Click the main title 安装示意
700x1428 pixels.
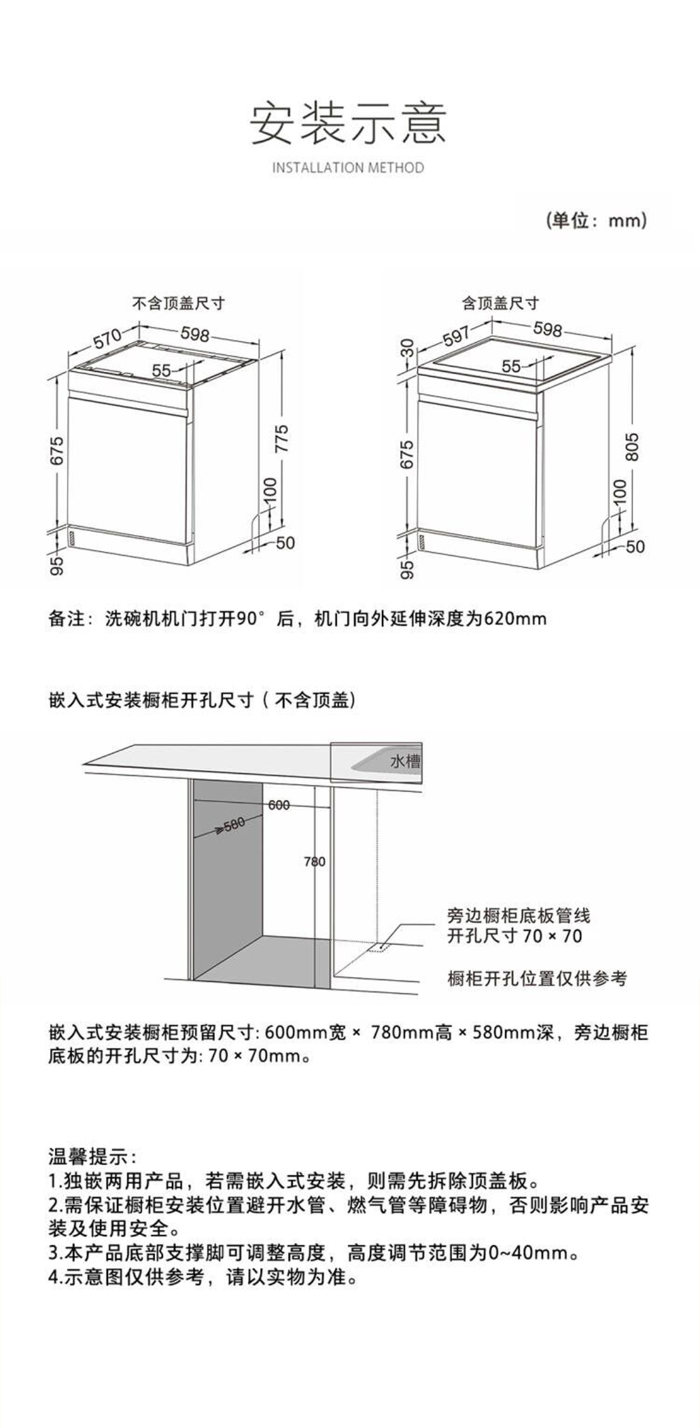point(349,123)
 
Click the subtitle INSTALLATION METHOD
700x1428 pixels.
point(348,168)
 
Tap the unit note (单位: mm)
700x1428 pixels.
point(596,221)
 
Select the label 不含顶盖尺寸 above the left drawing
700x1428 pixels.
point(178,303)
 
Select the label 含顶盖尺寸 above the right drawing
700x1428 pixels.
point(501,303)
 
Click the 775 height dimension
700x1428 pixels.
point(282,438)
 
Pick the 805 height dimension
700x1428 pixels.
point(633,446)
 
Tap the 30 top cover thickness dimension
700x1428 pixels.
point(408,348)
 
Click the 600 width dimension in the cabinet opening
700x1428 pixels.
point(279,805)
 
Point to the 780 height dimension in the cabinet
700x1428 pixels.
point(315,861)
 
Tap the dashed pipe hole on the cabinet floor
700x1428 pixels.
point(379,946)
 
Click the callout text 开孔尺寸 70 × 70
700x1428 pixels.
point(515,936)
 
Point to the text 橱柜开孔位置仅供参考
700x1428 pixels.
point(537,978)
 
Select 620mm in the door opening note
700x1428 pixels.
point(515,618)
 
